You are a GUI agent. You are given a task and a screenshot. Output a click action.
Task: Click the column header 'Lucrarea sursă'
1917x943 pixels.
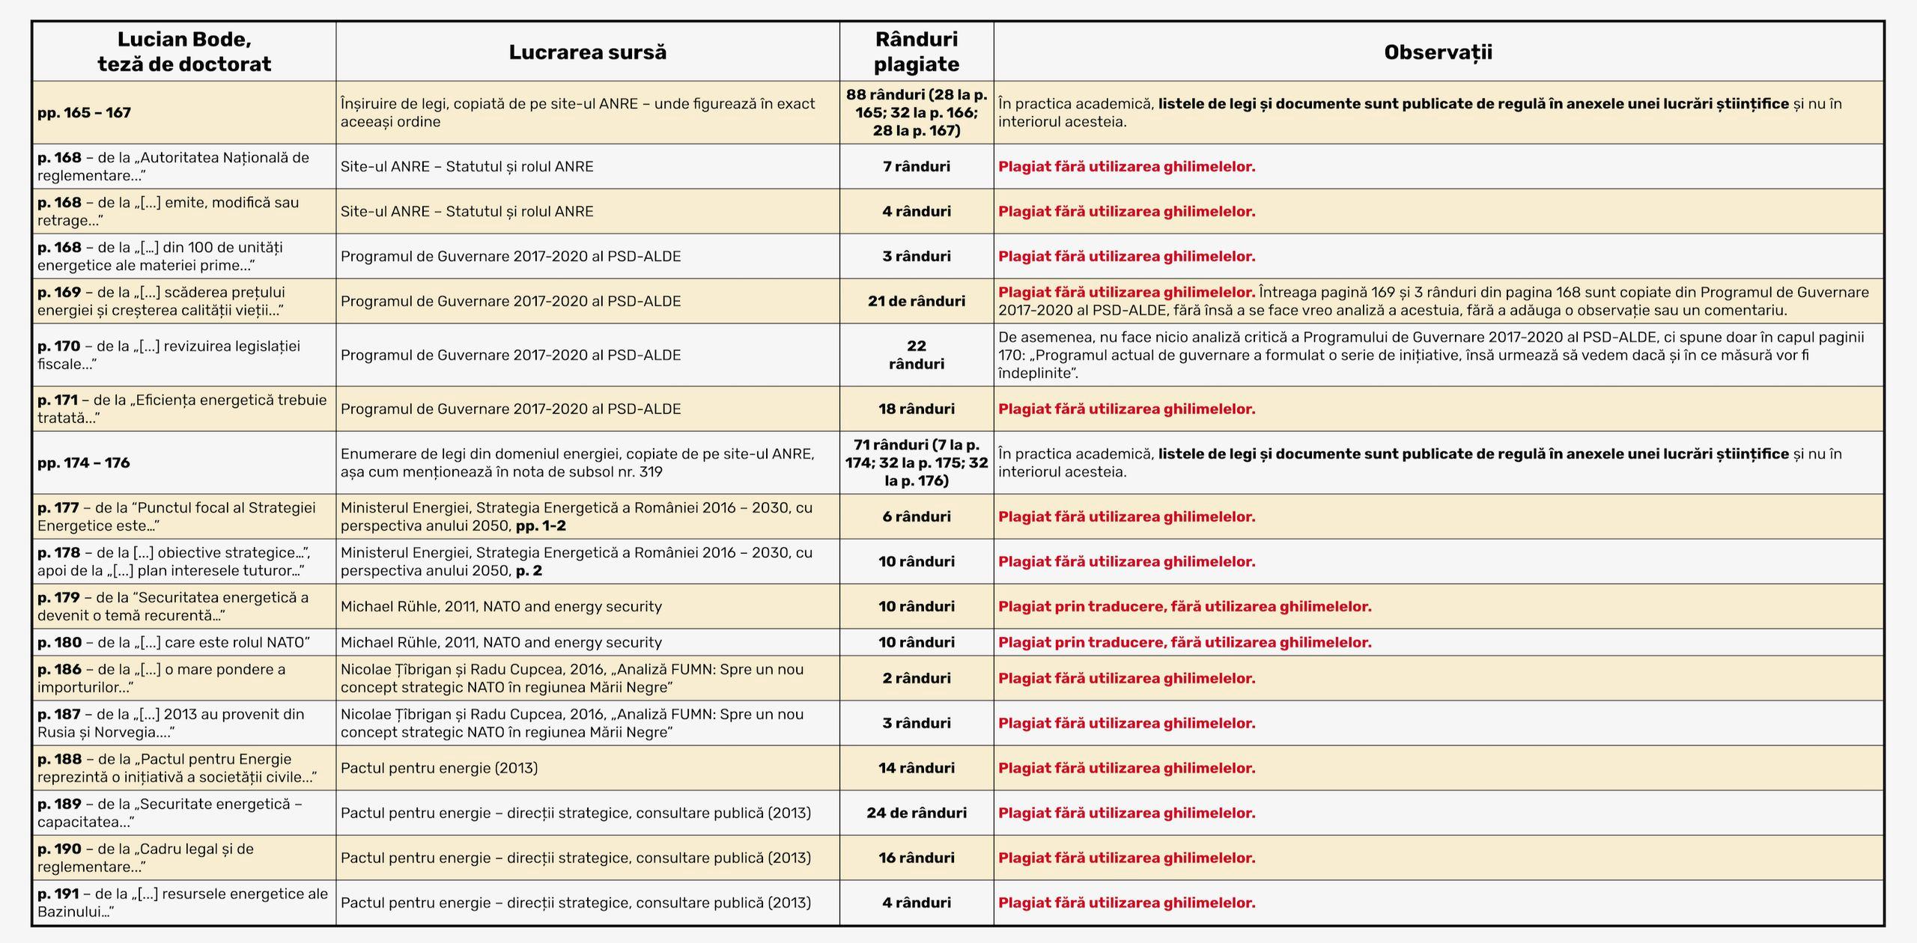click(587, 52)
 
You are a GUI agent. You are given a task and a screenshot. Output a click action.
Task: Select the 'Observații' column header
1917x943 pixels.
click(1438, 52)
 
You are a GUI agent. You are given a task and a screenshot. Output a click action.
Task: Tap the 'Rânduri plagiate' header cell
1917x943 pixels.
click(917, 52)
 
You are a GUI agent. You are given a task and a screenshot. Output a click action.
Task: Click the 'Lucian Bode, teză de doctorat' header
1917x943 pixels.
click(184, 52)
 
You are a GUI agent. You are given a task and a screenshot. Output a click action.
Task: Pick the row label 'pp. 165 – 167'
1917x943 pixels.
click(85, 113)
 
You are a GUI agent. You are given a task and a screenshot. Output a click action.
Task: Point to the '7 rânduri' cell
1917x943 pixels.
click(917, 166)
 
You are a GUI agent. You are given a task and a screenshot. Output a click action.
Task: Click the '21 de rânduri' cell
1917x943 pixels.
click(917, 301)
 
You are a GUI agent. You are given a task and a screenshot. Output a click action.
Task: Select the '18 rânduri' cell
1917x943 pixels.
click(917, 409)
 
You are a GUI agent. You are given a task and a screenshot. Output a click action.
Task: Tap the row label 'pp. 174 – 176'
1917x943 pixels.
click(84, 463)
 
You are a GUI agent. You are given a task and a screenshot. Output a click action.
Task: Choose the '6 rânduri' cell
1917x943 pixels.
click(917, 516)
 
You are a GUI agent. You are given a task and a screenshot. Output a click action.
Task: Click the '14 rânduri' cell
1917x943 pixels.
click(917, 768)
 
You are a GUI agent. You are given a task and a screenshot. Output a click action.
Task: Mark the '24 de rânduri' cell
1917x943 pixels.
click(917, 813)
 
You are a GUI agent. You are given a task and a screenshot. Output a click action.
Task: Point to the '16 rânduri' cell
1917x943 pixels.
click(917, 858)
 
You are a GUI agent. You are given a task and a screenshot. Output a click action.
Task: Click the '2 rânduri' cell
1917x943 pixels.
click(917, 678)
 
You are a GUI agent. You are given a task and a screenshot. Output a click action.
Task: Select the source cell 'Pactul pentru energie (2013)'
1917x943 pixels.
click(440, 768)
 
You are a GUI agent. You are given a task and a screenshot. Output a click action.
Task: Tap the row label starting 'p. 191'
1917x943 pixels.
click(183, 903)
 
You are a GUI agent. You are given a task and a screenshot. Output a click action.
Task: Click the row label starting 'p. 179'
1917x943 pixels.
click(173, 606)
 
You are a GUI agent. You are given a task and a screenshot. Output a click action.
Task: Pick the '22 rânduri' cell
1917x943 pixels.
click(917, 355)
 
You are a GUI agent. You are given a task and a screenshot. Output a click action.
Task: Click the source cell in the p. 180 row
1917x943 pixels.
click(501, 642)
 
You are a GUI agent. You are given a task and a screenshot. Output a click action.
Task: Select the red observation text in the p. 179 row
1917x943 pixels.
click(1185, 606)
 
